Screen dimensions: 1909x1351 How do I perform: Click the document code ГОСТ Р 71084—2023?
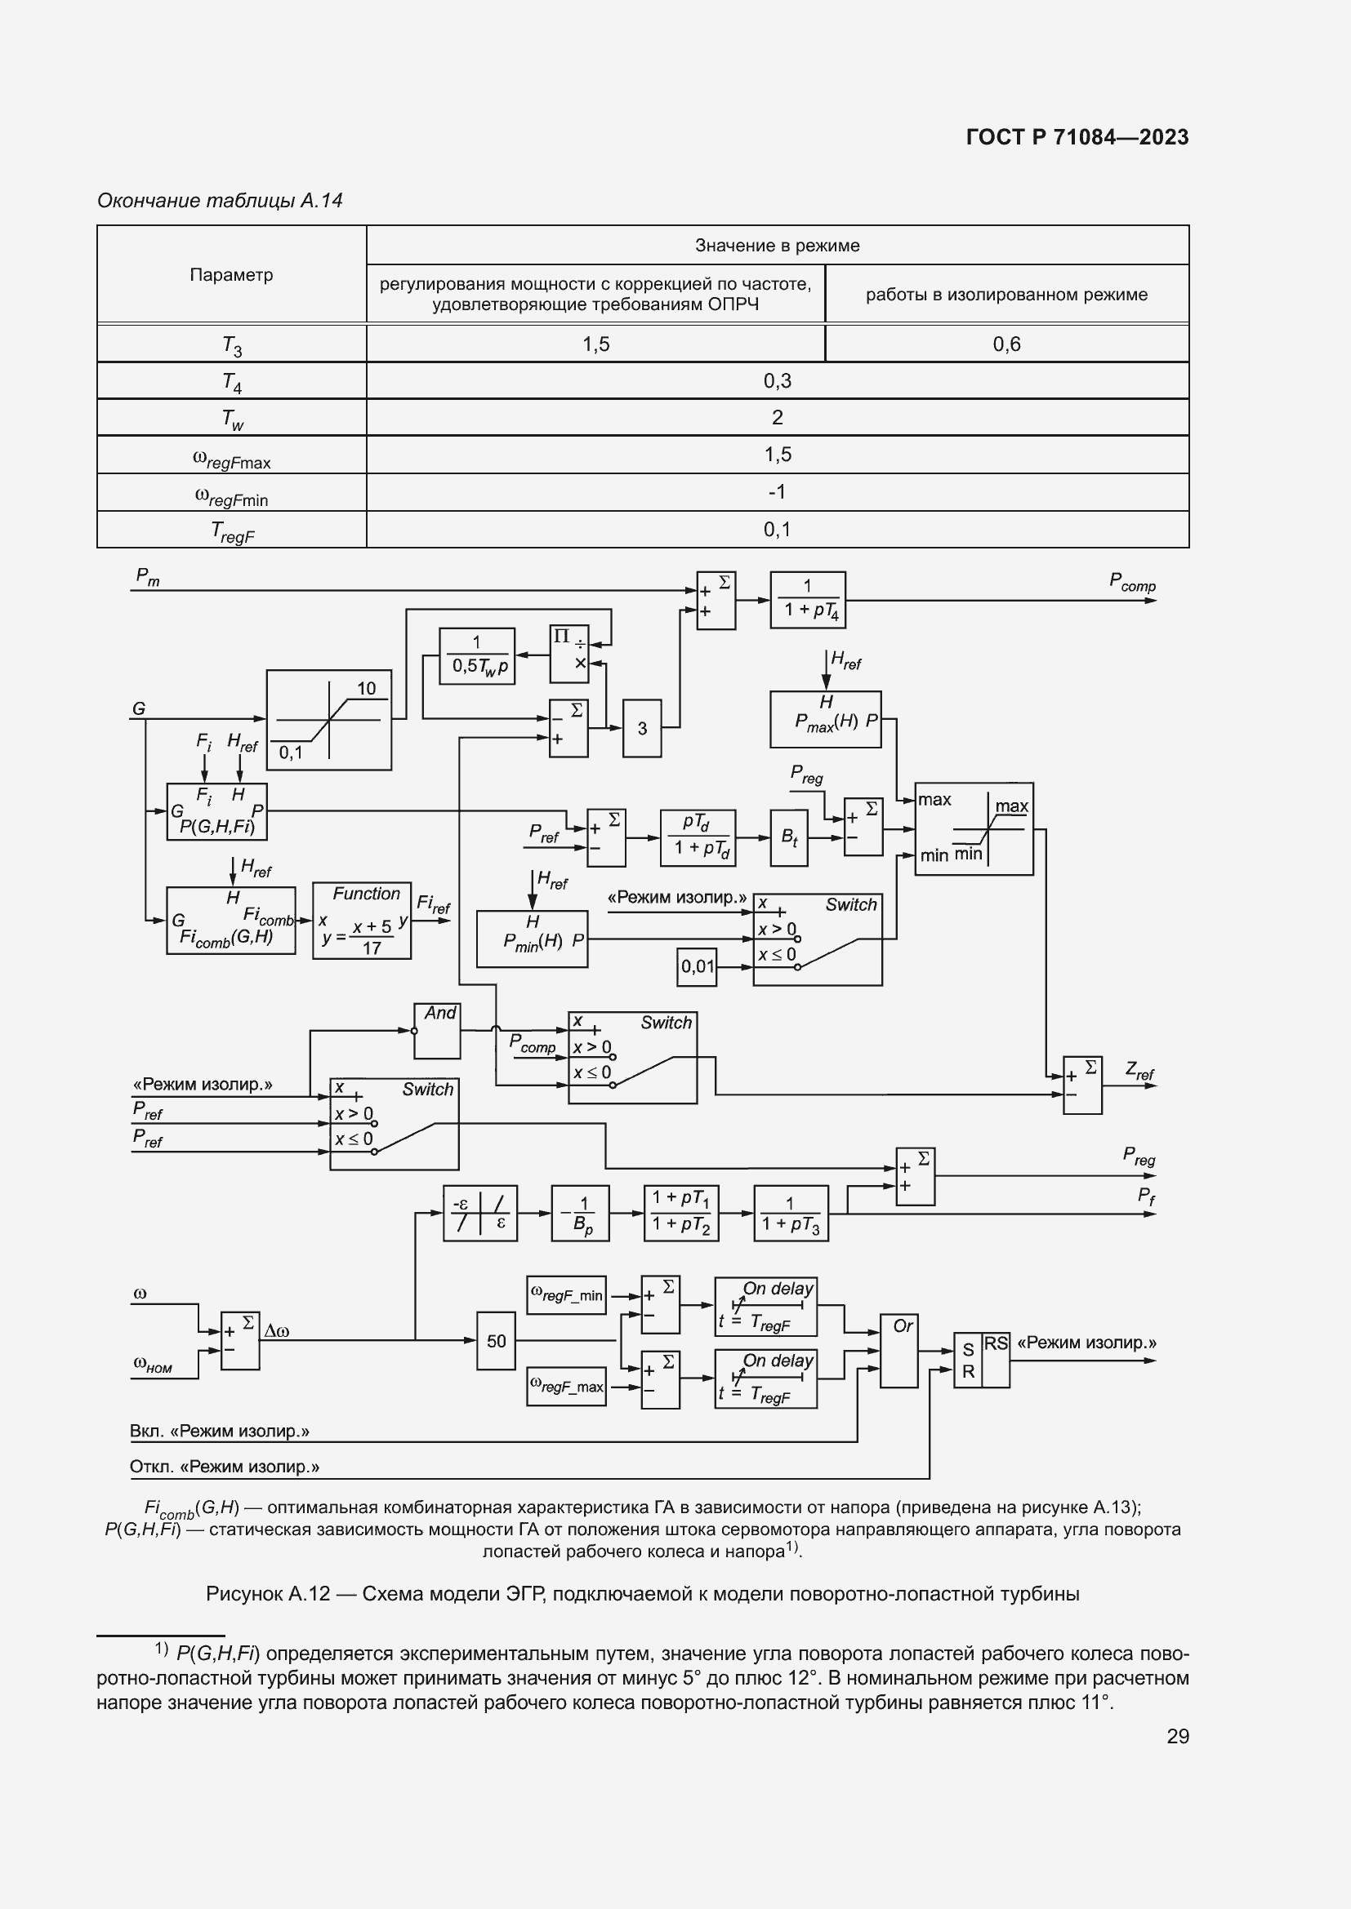pos(1077,137)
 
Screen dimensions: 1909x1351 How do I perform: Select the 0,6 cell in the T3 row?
pos(1005,344)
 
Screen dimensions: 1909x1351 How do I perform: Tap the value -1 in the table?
pos(776,491)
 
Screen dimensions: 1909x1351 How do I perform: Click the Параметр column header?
pos(231,274)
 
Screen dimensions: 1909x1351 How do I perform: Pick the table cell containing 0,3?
pos(776,381)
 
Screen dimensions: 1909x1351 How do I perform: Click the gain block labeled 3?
pos(642,728)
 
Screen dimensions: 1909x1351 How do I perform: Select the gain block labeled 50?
pos(496,1340)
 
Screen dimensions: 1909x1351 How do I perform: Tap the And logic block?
pos(438,1030)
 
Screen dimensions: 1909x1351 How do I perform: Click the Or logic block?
pos(899,1350)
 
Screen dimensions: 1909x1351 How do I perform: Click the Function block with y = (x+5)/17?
pos(362,921)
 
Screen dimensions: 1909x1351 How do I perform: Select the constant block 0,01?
pos(697,966)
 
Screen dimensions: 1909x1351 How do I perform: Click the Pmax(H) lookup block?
pos(826,719)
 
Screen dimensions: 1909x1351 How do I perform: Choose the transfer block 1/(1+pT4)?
pos(808,600)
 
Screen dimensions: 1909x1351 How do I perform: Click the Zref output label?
pos(1139,1071)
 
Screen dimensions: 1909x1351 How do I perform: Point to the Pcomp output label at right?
pos(1132,583)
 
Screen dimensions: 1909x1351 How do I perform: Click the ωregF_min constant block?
pos(567,1295)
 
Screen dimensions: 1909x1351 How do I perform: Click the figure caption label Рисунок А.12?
pos(268,1594)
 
